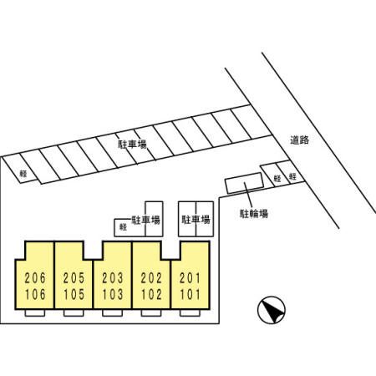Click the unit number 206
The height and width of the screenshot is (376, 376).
(x=35, y=278)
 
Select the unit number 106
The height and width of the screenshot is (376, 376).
(x=35, y=294)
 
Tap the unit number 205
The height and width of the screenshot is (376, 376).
(x=74, y=278)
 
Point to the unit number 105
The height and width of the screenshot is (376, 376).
(x=74, y=294)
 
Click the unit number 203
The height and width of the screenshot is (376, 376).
(x=113, y=278)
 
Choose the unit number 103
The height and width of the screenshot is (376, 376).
(x=113, y=294)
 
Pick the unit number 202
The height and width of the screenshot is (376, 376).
(x=151, y=278)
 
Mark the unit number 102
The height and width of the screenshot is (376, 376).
(x=151, y=294)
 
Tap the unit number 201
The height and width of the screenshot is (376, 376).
(x=190, y=278)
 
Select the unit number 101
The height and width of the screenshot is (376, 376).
(x=190, y=294)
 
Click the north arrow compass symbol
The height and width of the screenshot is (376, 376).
(x=272, y=310)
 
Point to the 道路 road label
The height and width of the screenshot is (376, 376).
(x=300, y=140)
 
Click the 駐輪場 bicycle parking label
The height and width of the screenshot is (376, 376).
(x=254, y=214)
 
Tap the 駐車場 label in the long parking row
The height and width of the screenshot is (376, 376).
(x=133, y=145)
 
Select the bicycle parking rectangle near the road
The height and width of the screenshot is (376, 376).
(x=245, y=183)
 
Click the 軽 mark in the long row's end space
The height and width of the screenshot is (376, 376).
(x=23, y=174)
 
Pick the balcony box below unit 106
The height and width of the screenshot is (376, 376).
(x=35, y=313)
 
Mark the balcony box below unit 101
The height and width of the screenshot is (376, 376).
(x=190, y=313)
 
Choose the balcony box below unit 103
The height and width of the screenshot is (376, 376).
(x=113, y=313)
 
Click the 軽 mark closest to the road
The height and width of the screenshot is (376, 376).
(x=292, y=176)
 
